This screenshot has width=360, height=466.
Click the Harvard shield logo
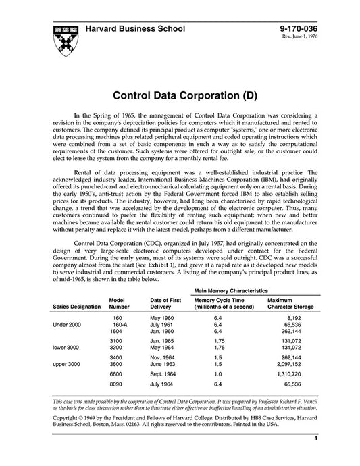click(x=63, y=33)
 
